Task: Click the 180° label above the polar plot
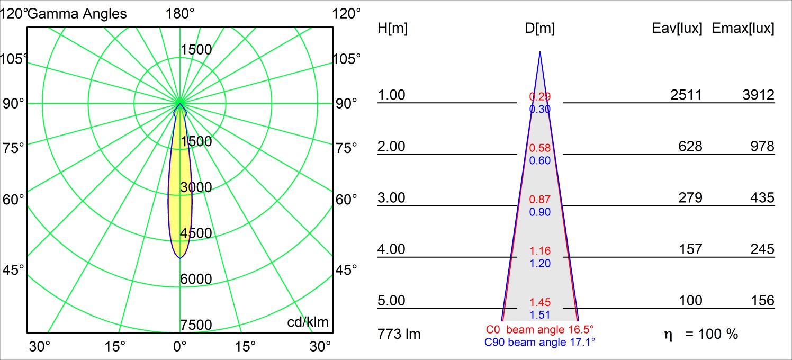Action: [x=180, y=13]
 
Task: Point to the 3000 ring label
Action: [x=196, y=187]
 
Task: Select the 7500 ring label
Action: [x=196, y=325]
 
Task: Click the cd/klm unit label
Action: [x=308, y=322]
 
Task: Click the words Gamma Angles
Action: [x=77, y=13]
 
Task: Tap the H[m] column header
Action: [x=392, y=29]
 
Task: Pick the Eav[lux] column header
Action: [x=677, y=29]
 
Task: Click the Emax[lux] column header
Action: [x=743, y=29]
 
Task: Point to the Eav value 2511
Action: [x=686, y=95]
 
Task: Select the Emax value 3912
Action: [x=759, y=95]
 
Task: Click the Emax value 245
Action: [x=762, y=249]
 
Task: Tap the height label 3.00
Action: [x=391, y=197]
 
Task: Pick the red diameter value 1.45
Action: [x=540, y=302]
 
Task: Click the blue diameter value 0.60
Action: [x=540, y=161]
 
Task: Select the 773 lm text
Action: [x=400, y=334]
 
